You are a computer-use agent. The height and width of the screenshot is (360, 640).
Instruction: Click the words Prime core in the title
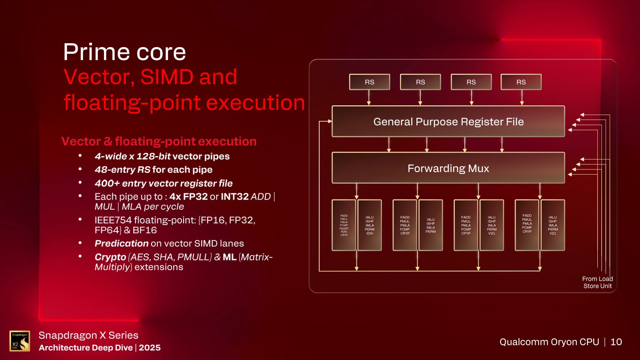pos(124,52)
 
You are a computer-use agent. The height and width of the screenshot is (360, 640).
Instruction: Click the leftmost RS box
pos(369,82)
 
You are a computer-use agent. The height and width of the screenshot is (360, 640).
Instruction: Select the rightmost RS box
pos(521,82)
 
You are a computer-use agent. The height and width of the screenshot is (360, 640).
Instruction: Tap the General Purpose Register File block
pos(448,121)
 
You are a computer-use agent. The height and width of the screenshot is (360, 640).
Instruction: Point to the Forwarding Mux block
pos(448,168)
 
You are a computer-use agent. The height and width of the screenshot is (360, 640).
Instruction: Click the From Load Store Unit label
pos(597,282)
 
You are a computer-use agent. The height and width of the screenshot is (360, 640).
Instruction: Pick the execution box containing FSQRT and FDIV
pos(344,225)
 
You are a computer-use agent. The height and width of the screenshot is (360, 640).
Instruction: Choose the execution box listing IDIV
pos(369,225)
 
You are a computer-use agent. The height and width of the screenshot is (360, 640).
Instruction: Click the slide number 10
pos(616,342)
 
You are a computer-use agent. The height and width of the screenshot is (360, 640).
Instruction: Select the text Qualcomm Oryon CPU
pos(549,342)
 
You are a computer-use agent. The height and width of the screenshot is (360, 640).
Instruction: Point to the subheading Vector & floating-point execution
pos(159,142)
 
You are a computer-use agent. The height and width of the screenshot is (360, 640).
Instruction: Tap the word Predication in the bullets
pos(121,243)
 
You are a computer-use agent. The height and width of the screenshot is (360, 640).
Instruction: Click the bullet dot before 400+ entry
pos(80,183)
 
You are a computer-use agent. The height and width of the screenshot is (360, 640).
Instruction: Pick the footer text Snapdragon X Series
pos(88,336)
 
